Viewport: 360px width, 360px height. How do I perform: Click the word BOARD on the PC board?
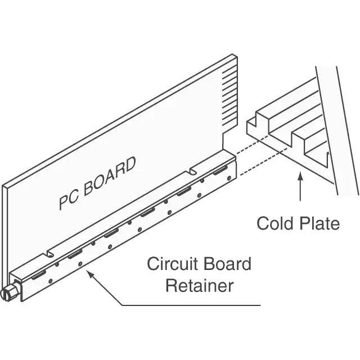pyautogui.click(x=109, y=176)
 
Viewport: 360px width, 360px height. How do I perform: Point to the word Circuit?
pyautogui.click(x=173, y=264)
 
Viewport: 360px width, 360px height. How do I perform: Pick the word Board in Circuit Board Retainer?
pyautogui.click(x=227, y=264)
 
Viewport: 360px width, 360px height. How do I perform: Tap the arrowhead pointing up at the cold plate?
pyautogui.click(x=300, y=178)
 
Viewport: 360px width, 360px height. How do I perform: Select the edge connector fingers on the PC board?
pyautogui.click(x=229, y=96)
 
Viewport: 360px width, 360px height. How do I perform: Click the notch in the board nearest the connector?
pyautogui.click(x=193, y=171)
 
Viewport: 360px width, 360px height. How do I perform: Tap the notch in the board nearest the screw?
pyautogui.click(x=50, y=254)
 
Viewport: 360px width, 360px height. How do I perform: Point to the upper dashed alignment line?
pyautogui.click(x=253, y=145)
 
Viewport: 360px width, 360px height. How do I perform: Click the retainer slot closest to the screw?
pyautogui.click(x=39, y=274)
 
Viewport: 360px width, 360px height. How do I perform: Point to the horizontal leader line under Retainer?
pyautogui.click(x=191, y=305)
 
